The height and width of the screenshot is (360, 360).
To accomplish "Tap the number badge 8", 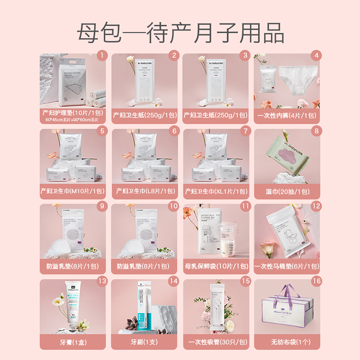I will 317,131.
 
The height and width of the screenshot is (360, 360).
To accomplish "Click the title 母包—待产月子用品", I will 180,33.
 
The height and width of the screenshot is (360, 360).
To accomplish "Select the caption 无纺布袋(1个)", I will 287,342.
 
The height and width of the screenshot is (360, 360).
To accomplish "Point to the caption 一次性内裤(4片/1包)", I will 287,115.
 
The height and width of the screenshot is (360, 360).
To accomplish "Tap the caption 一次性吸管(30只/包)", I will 216,342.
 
